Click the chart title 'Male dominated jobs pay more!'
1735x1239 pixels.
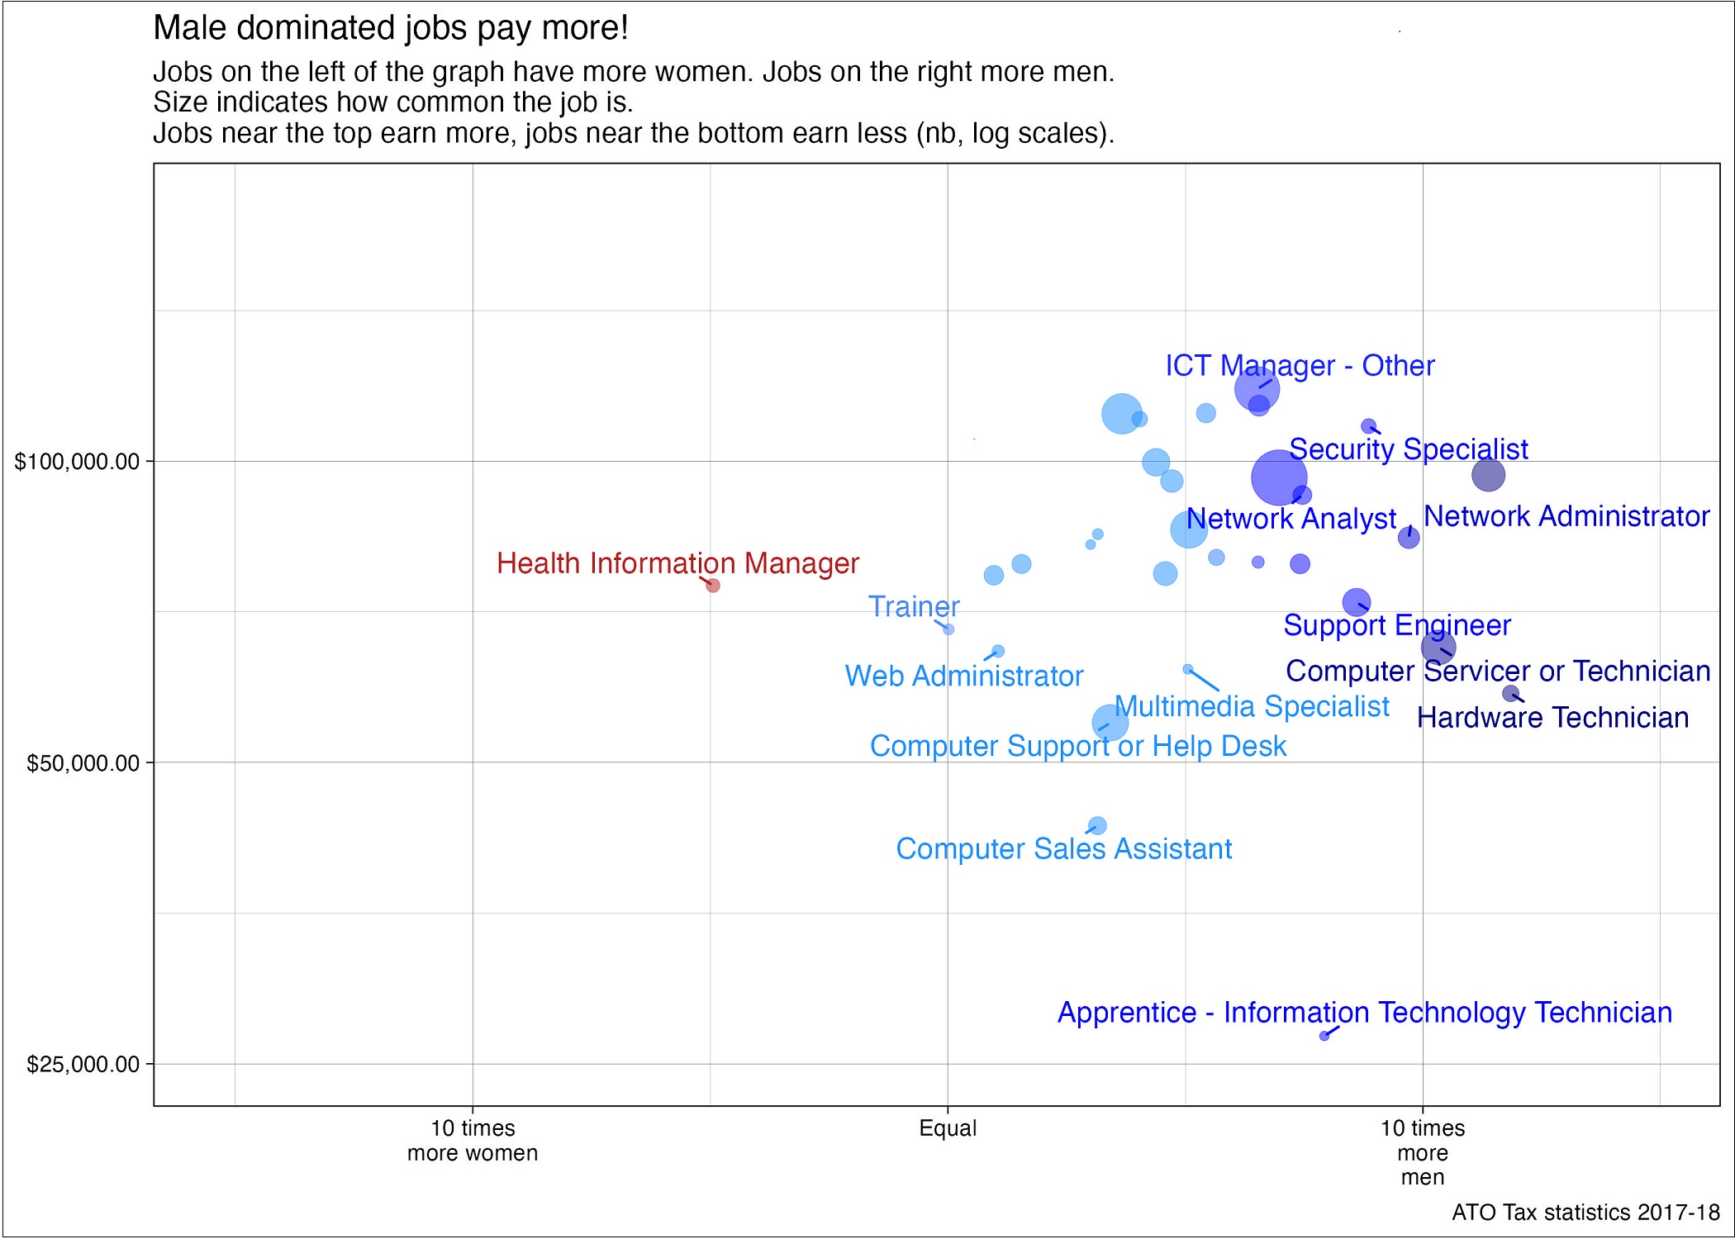pyautogui.click(x=391, y=28)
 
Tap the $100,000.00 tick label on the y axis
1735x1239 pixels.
pyautogui.click(x=77, y=462)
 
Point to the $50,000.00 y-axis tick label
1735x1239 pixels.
pyautogui.click(x=83, y=763)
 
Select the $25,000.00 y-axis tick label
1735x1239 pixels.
pyautogui.click(x=83, y=1065)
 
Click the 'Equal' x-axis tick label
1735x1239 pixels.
pyautogui.click(x=948, y=1128)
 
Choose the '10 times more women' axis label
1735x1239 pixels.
pyautogui.click(x=473, y=1141)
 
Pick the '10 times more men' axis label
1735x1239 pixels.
pyautogui.click(x=1422, y=1152)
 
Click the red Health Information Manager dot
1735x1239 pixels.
pyautogui.click(x=713, y=586)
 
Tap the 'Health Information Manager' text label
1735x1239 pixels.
pyautogui.click(x=677, y=563)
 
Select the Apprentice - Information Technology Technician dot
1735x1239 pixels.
pyautogui.click(x=1324, y=1036)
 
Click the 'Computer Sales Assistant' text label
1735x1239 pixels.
pyautogui.click(x=1063, y=849)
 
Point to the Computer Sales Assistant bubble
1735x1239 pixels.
pyautogui.click(x=1097, y=826)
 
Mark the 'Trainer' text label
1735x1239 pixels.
pyautogui.click(x=914, y=607)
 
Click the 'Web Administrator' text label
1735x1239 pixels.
pyautogui.click(x=963, y=676)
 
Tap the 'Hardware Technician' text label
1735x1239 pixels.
pyautogui.click(x=1552, y=718)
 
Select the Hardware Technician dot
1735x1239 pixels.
pyautogui.click(x=1510, y=694)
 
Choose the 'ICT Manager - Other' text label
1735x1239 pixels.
pyautogui.click(x=1300, y=366)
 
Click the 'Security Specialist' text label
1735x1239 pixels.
pyautogui.click(x=1408, y=449)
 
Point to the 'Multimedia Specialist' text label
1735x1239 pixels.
pyautogui.click(x=1252, y=707)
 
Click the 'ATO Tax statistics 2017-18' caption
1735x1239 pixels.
pyautogui.click(x=1585, y=1213)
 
